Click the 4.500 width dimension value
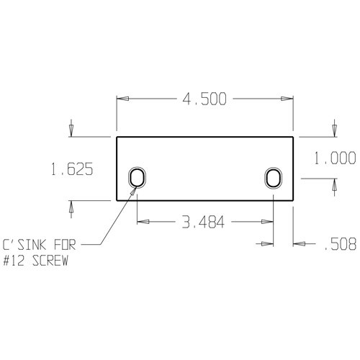coord(204,99)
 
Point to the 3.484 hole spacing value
coord(204,223)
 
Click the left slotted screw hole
coord(137,177)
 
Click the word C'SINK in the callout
coord(24,245)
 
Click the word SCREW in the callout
coord(51,261)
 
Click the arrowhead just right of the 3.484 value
coord(269,223)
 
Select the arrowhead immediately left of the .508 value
coord(297,245)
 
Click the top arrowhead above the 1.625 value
coord(71,130)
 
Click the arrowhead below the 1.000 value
coord(333,185)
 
